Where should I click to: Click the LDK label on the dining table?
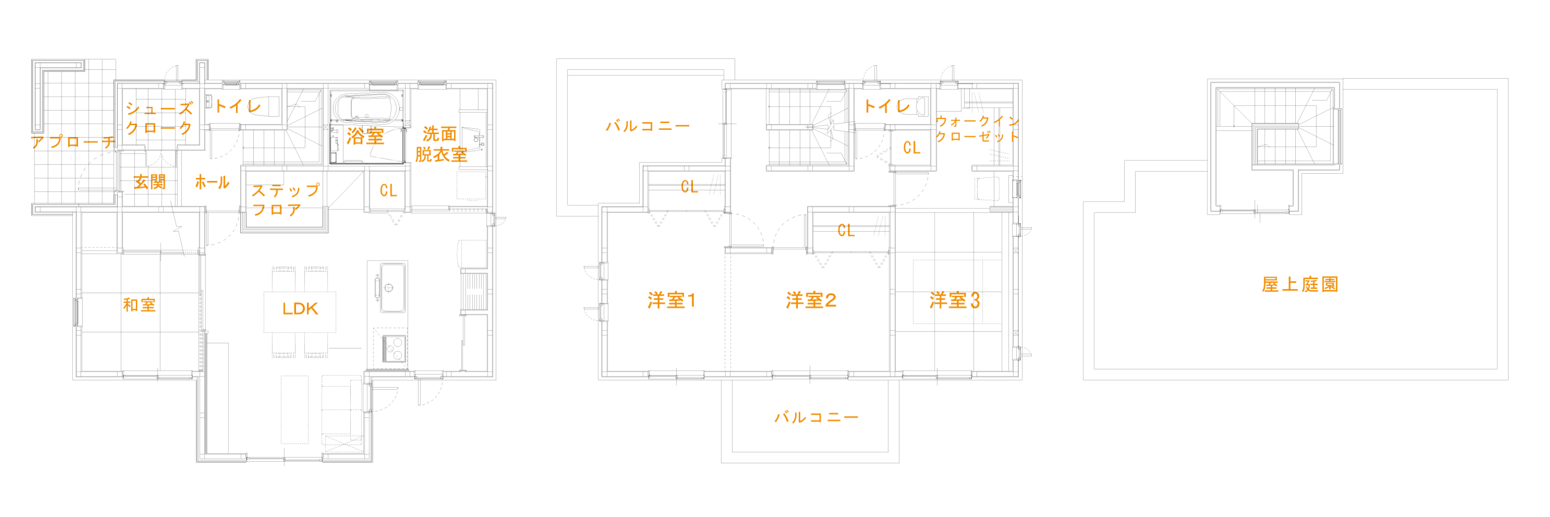[300, 309]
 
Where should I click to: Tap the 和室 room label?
[139, 305]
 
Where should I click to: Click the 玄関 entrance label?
[149, 182]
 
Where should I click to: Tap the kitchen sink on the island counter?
[388, 287]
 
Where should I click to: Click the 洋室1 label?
[672, 301]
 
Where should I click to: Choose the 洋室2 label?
[811, 301]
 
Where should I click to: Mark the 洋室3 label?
[954, 301]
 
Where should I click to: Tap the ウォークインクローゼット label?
[977, 129]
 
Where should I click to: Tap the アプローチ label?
[72, 143]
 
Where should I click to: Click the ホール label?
[212, 183]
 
